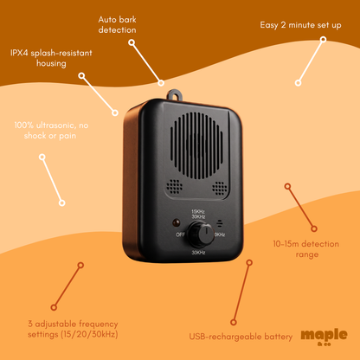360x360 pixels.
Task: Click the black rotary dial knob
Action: click(x=200, y=235)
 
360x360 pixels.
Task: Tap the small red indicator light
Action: click(x=176, y=222)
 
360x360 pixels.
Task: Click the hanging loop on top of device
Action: click(x=175, y=95)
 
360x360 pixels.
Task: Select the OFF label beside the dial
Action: click(x=180, y=235)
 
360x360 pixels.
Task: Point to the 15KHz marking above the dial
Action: click(x=198, y=211)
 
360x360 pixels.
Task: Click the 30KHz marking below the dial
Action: click(x=198, y=253)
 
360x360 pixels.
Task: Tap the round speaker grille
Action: click(x=197, y=145)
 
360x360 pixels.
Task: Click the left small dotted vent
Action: click(x=174, y=187)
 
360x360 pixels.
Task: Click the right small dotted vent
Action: click(x=220, y=188)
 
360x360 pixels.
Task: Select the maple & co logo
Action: click(x=324, y=337)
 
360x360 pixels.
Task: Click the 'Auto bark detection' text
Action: click(x=117, y=25)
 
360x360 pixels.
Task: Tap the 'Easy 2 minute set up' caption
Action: click(x=300, y=25)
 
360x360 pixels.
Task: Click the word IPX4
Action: click(x=19, y=53)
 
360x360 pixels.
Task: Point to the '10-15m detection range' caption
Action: click(x=306, y=249)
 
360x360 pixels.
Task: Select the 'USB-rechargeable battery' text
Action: click(x=241, y=337)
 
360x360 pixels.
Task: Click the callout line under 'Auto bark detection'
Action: click(x=146, y=63)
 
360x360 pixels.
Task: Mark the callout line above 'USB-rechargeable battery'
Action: click(x=241, y=292)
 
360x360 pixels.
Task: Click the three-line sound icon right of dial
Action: click(x=220, y=223)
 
